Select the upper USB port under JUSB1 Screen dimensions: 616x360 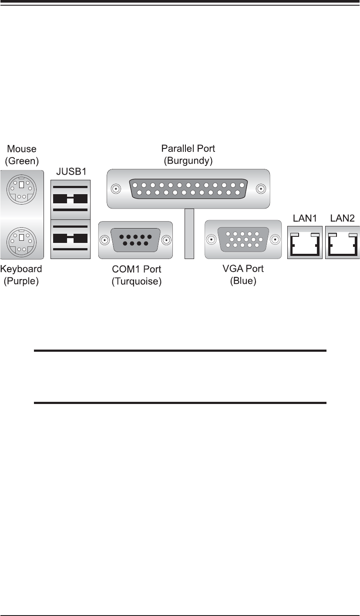click(x=70, y=199)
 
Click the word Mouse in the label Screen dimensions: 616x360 click(x=22, y=149)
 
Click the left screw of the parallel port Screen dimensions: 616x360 click(x=116, y=189)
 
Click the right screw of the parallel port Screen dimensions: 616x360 click(x=261, y=189)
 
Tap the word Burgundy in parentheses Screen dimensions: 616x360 click(x=188, y=161)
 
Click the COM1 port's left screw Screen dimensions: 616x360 click(x=104, y=240)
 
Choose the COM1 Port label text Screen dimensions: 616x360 click(x=137, y=270)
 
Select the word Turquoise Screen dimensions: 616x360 click(x=137, y=282)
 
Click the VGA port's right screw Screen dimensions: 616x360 click(x=275, y=239)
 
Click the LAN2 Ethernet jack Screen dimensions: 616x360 click(x=343, y=242)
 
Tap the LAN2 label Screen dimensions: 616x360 click(x=343, y=217)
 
